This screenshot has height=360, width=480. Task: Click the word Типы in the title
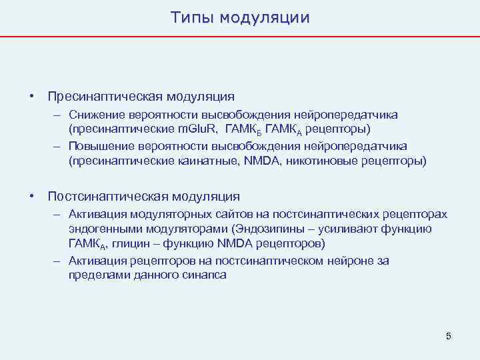pos(191,17)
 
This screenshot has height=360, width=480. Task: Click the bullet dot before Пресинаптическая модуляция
pos(31,97)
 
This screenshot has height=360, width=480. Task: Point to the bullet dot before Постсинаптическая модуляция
pos(31,196)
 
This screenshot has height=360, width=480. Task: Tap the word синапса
pos(203,274)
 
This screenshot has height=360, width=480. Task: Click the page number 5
pos(448,336)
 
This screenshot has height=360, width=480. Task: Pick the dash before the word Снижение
pos(58,115)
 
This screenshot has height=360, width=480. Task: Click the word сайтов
pos(226,215)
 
